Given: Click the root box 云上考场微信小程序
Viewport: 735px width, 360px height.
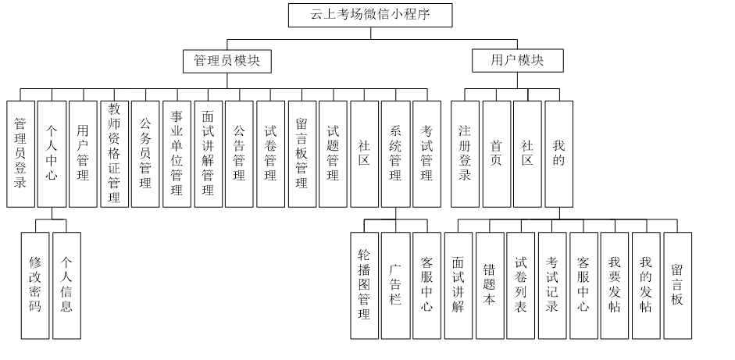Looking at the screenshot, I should (x=370, y=15).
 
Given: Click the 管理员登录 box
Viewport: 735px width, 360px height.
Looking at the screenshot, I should (x=20, y=154).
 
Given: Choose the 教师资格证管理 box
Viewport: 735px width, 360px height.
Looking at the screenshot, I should (x=114, y=154).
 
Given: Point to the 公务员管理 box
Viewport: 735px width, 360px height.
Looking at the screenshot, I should (x=145, y=154).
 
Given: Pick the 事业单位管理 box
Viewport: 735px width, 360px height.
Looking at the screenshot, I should (x=177, y=154).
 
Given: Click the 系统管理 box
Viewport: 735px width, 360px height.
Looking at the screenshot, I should (x=395, y=154).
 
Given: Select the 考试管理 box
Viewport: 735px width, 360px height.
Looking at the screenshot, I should (x=426, y=154).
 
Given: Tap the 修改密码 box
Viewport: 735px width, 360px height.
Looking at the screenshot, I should (x=35, y=285).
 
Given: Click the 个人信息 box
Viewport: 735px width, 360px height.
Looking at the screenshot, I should (x=66, y=285).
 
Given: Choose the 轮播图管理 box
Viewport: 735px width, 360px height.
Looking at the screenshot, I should (x=364, y=285).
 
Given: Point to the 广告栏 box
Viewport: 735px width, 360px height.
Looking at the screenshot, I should (x=395, y=285).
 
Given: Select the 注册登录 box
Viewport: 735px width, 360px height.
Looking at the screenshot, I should (x=465, y=154).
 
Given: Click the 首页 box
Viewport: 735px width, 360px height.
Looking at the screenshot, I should (x=496, y=154).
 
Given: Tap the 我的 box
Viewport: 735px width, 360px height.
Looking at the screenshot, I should (x=558, y=154).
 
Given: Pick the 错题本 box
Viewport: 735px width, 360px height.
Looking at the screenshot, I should (x=490, y=285).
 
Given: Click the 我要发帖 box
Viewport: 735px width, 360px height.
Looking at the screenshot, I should (x=615, y=285).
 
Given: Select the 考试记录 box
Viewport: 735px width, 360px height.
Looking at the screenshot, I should (x=552, y=285).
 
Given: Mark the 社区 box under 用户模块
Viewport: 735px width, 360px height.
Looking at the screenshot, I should (x=527, y=154).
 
